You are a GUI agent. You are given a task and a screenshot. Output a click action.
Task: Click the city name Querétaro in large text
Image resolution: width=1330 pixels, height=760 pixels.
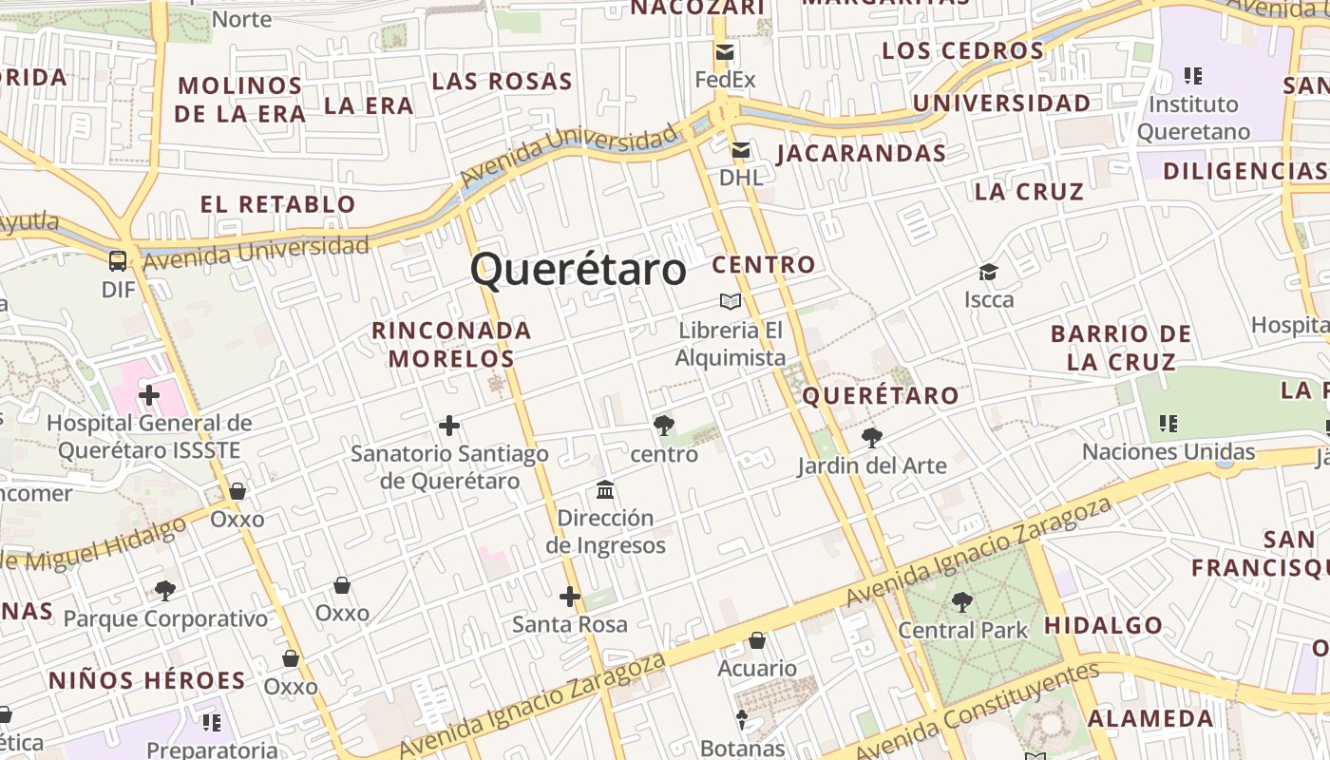pos(578,269)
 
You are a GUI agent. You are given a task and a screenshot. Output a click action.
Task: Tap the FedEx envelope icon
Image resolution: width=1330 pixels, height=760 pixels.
pos(726,52)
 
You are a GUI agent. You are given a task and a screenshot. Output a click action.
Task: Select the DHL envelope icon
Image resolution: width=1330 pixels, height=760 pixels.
pos(741,150)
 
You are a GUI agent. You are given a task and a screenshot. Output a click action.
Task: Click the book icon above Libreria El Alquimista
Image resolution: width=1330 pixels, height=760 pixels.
pos(730,301)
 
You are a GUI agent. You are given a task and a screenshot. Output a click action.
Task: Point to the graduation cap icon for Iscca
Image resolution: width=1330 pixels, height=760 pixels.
pos(989,273)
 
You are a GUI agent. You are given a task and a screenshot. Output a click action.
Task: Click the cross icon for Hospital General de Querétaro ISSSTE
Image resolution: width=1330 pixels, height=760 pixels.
pos(149,394)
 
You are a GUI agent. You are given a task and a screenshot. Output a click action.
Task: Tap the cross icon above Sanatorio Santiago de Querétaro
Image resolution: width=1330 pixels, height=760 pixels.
pos(449,426)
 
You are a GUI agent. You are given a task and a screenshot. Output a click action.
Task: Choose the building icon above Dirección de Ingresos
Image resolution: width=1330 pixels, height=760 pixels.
pos(605,490)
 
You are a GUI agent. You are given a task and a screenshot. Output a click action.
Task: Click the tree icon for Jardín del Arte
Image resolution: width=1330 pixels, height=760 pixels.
pos(871,438)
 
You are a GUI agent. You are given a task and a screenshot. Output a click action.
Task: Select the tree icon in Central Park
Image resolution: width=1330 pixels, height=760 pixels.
pos(962,601)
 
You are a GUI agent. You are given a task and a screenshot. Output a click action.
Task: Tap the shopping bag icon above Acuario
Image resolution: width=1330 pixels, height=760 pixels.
pos(757,640)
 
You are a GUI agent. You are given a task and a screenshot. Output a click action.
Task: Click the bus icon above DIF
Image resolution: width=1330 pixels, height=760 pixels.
pos(118,261)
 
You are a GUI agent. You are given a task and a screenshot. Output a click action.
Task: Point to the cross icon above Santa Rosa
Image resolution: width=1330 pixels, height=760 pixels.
pos(570,597)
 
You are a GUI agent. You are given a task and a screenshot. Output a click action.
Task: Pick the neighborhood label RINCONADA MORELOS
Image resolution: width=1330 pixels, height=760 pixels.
pos(451,344)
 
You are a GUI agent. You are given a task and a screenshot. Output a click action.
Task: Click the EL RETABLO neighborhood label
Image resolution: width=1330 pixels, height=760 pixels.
pos(277,203)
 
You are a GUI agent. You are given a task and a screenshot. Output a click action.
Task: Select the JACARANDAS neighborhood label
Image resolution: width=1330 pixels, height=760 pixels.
pos(861,153)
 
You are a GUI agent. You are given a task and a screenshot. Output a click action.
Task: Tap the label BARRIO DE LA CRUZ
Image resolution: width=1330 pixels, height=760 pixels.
pos(1121,348)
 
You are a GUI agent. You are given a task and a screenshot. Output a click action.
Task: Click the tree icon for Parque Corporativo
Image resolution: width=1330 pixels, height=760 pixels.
pos(165,591)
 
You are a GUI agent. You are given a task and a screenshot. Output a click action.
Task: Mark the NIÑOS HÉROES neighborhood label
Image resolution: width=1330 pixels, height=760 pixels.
pos(147,680)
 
